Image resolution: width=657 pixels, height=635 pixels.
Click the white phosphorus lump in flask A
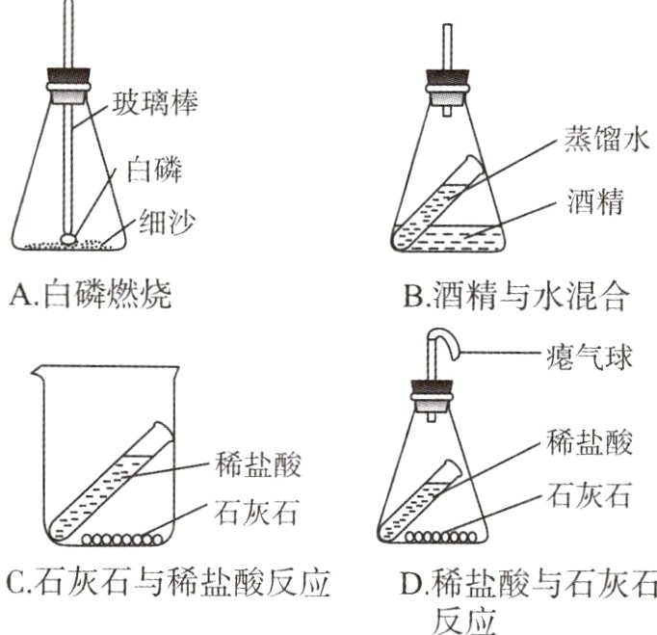pyautogui.click(x=70, y=233)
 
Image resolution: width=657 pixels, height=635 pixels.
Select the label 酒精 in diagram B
pyautogui.click(x=592, y=204)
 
